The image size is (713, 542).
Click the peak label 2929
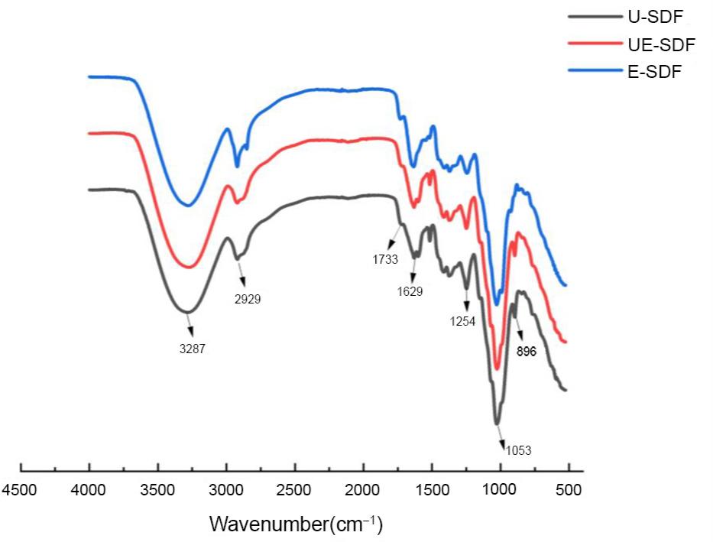click(248, 299)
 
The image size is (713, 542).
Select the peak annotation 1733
click(385, 259)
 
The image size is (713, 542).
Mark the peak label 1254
click(462, 321)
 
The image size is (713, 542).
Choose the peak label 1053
click(517, 450)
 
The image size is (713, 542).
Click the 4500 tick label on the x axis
click(20, 490)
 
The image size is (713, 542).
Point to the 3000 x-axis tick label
click(226, 490)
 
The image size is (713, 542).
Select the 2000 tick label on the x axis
click(363, 490)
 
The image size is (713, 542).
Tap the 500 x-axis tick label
click(569, 490)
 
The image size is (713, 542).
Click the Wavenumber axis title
click(296, 524)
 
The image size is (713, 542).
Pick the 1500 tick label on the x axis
click(432, 490)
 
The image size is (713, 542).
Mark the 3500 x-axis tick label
click(157, 490)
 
